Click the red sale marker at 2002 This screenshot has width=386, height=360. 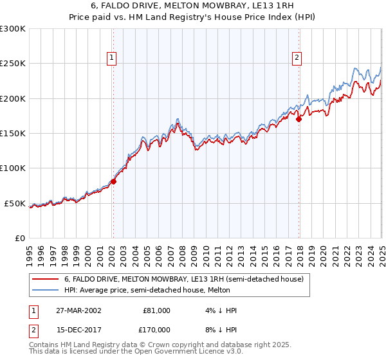click(x=113, y=181)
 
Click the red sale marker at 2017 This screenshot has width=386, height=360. click(x=299, y=119)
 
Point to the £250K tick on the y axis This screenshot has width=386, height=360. click(x=14, y=64)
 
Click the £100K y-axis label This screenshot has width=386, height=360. click(x=14, y=168)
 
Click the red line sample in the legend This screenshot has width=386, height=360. click(x=45, y=279)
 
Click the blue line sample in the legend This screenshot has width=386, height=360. click(x=45, y=290)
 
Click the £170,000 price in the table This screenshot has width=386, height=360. click(x=156, y=330)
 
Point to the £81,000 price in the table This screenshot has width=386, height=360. click(x=156, y=310)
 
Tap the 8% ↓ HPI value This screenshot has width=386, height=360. click(x=222, y=330)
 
